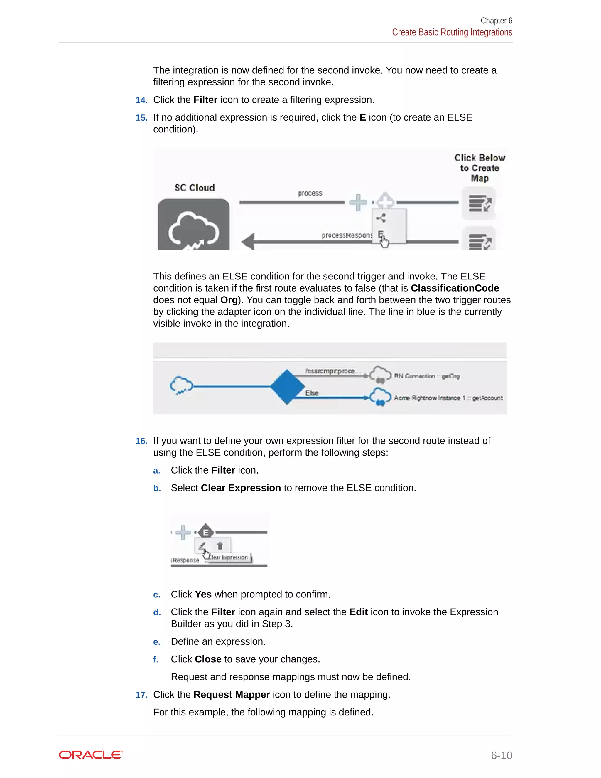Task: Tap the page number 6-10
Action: coord(501,755)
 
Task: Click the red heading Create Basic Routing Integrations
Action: coord(452,32)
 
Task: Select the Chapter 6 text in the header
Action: coord(496,21)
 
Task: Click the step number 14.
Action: coord(141,100)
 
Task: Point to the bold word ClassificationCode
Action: coord(455,288)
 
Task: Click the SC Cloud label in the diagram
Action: coord(194,188)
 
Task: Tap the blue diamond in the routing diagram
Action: coord(287,387)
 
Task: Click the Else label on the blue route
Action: coord(312,393)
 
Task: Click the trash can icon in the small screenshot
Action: coord(220,545)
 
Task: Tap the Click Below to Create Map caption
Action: coord(480,168)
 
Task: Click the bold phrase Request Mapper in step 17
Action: coord(232,695)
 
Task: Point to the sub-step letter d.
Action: coord(157,612)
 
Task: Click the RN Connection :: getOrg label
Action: coord(427,376)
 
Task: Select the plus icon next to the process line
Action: coord(358,202)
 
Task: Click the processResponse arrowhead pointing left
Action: coord(249,242)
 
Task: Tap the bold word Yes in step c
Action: coord(203,595)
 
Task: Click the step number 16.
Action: coord(141,441)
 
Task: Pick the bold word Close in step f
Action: coord(208,659)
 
